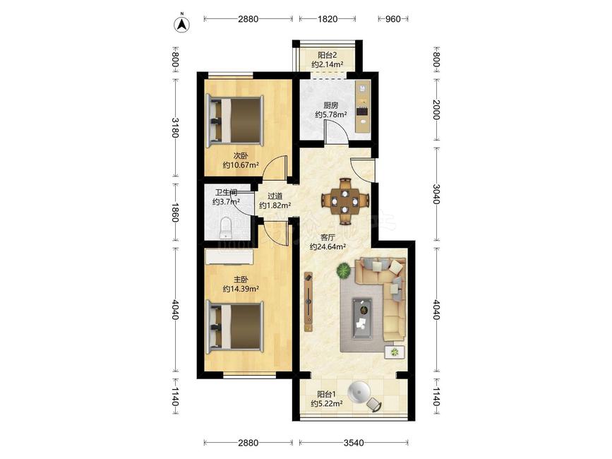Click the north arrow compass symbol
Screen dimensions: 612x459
click(x=181, y=24)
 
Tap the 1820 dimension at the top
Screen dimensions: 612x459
click(x=328, y=19)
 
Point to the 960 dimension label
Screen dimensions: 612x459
click(x=393, y=19)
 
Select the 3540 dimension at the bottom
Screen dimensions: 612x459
click(x=354, y=443)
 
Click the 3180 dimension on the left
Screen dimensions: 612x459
click(x=175, y=128)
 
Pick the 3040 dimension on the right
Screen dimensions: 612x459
click(x=436, y=194)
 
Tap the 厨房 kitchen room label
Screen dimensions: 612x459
click(x=330, y=105)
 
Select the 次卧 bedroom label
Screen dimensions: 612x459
click(x=241, y=156)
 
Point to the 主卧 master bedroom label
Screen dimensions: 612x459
click(x=241, y=280)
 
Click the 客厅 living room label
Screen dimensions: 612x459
click(x=328, y=237)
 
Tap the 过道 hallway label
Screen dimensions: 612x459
click(x=275, y=196)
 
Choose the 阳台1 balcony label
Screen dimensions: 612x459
click(x=326, y=394)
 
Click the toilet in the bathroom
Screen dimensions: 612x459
click(x=226, y=228)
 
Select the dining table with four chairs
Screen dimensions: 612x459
click(x=345, y=201)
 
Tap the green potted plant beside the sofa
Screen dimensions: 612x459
click(x=344, y=270)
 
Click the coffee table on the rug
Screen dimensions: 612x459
click(x=362, y=318)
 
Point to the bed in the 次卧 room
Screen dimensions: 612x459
click(x=234, y=120)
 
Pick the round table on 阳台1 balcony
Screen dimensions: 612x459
click(x=359, y=392)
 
